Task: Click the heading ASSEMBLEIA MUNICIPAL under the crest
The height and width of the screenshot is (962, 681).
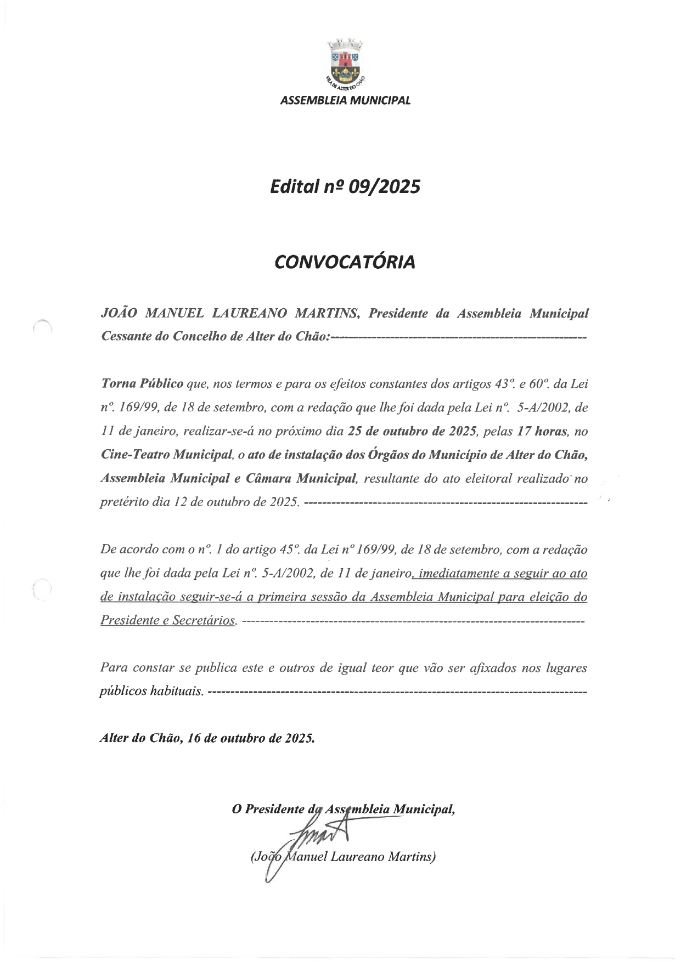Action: click(x=345, y=101)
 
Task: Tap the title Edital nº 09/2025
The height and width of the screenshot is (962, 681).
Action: click(x=345, y=187)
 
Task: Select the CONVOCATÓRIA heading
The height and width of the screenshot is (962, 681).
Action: click(x=345, y=262)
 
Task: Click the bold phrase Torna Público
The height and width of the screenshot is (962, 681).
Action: click(x=142, y=384)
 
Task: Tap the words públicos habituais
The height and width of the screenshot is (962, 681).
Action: click(x=151, y=691)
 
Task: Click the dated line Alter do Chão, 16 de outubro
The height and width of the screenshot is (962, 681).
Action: click(x=207, y=738)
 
